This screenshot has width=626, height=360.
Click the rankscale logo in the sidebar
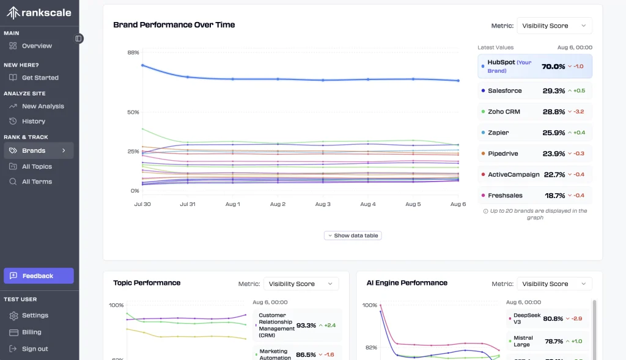pyautogui.click(x=39, y=13)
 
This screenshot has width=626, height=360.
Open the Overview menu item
pyautogui.click(x=37, y=46)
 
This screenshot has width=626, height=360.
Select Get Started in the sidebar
pyautogui.click(x=40, y=78)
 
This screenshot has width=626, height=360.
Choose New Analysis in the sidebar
pyautogui.click(x=43, y=106)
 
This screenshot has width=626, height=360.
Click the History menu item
pyautogui.click(x=34, y=121)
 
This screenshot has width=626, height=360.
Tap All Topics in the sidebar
pyautogui.click(x=37, y=166)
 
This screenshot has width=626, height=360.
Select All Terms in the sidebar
pyautogui.click(x=37, y=182)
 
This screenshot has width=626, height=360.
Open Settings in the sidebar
pyautogui.click(x=35, y=315)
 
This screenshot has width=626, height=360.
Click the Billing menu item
pyautogui.click(x=32, y=332)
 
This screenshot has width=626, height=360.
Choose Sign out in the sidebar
pyautogui.click(x=35, y=349)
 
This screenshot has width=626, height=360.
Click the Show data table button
pyautogui.click(x=353, y=235)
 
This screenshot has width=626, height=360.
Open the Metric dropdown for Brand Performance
pyautogui.click(x=554, y=26)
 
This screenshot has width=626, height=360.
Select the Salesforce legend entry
pyautogui.click(x=504, y=90)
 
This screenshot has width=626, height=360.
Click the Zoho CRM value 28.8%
pyautogui.click(x=553, y=112)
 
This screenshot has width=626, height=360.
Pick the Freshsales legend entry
pyautogui.click(x=504, y=196)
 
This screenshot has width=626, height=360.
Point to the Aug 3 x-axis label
pyautogui.click(x=323, y=204)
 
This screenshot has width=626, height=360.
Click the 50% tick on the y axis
pyautogui.click(x=133, y=112)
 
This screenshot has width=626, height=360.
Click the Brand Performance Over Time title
pyautogui.click(x=174, y=25)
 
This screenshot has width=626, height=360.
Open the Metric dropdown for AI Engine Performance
pyautogui.click(x=554, y=284)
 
